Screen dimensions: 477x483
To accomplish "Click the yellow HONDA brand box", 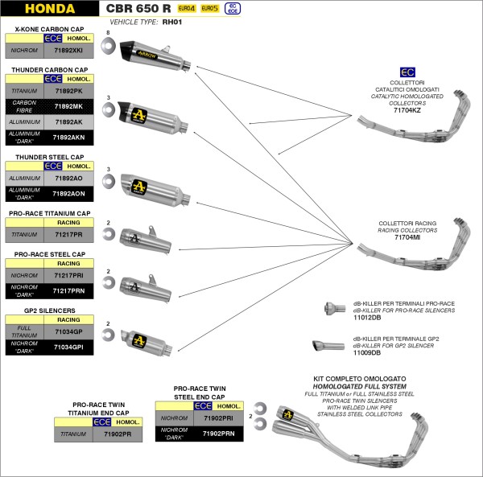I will (x=49, y=10).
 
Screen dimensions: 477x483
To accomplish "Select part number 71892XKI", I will (x=68, y=51).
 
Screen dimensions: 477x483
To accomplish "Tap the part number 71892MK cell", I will (x=68, y=106).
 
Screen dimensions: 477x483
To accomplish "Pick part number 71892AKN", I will (x=68, y=137).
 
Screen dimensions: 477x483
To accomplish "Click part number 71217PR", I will (x=68, y=235).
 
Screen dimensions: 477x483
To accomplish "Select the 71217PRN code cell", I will (x=68, y=290).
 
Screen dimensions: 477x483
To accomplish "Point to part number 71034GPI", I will (x=68, y=347).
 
